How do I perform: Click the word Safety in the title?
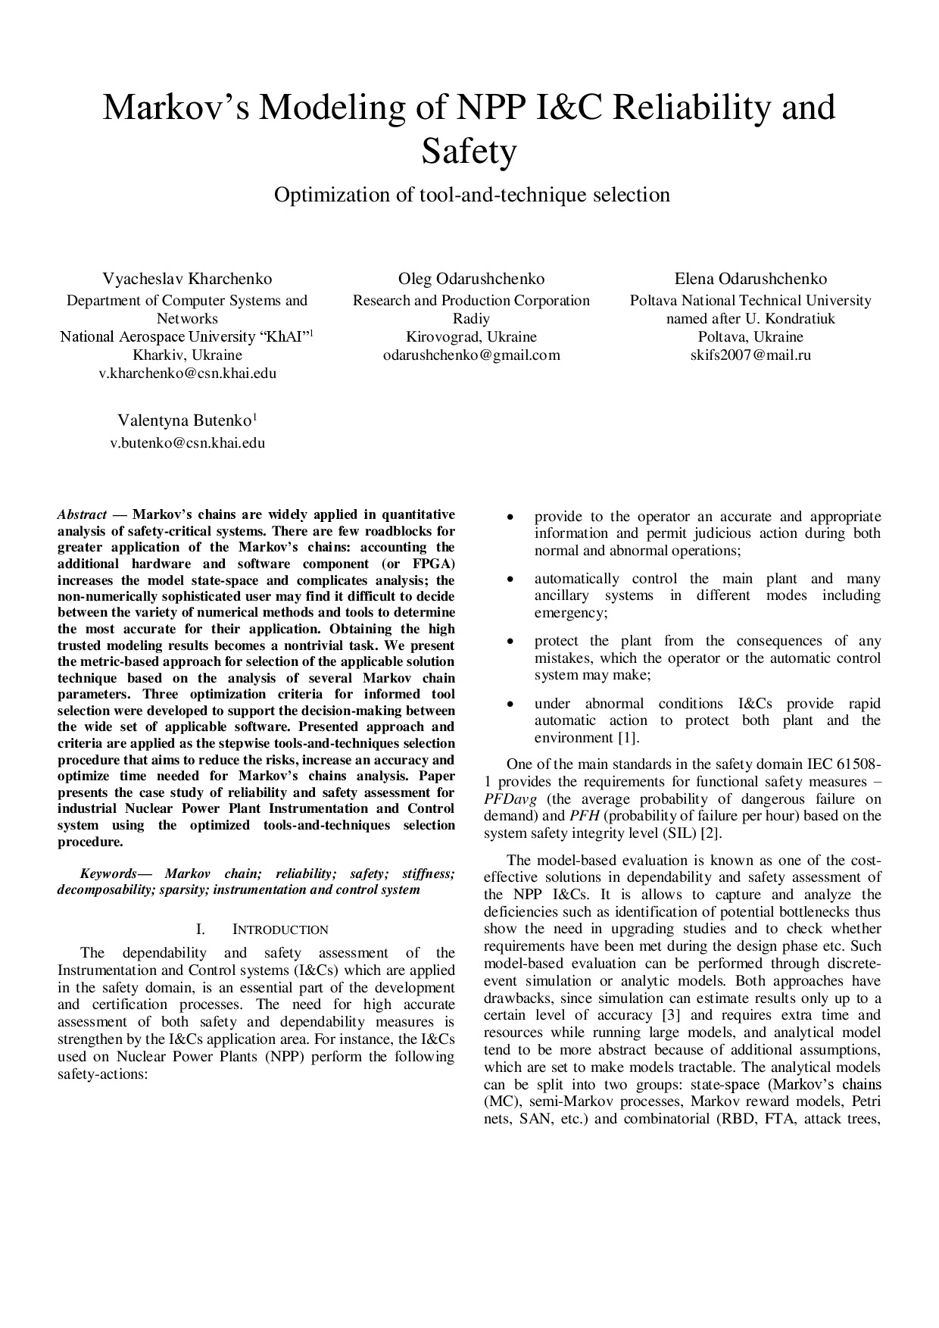coord(469,152)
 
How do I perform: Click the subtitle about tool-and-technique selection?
coord(472,195)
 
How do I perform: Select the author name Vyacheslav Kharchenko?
coord(187,279)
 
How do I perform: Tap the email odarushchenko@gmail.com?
coord(472,355)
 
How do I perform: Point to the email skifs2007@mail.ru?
coord(750,355)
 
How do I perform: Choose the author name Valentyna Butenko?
coord(187,420)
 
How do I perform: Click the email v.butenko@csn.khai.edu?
coord(187,443)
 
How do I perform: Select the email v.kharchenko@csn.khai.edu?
coord(187,373)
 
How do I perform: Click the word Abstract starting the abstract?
coord(82,514)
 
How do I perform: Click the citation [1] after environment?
coord(626,738)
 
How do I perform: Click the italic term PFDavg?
coord(509,799)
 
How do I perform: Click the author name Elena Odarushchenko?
coord(750,279)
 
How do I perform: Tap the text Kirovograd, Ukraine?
coord(471,336)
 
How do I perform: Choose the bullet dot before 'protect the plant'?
coord(512,642)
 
